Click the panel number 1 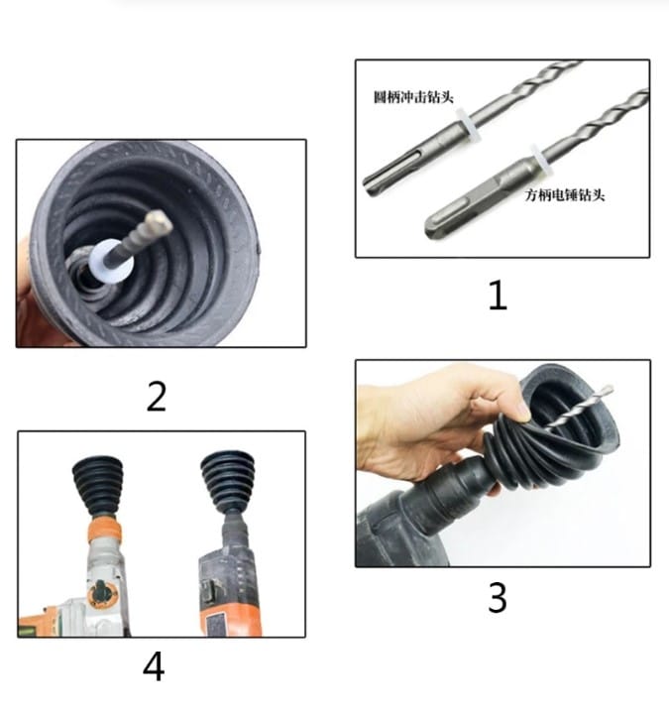[x=497, y=295]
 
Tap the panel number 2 [x=156, y=396]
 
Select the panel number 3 [x=497, y=598]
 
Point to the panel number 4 [x=153, y=666]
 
